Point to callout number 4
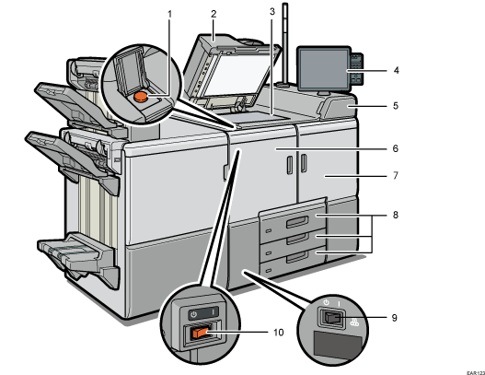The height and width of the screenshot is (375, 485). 396,69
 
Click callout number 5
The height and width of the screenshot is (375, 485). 396,106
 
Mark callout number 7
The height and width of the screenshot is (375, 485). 396,174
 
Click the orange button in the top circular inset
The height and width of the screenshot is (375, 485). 141,96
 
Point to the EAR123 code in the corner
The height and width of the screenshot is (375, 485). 473,369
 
